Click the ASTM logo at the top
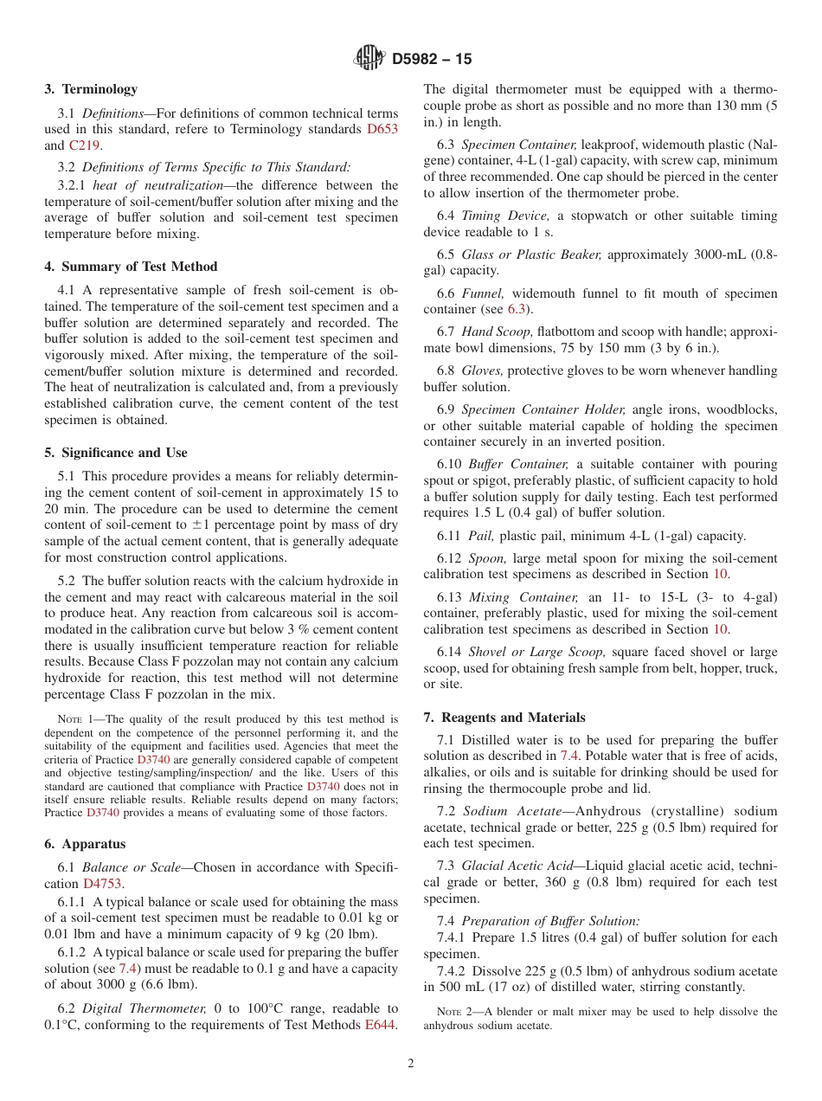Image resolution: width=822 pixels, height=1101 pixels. coord(369,59)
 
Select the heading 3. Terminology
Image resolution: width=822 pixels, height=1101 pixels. coord(91,89)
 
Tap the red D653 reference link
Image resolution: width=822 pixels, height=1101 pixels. coord(382,130)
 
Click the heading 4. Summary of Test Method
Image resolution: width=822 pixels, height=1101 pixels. coord(131,267)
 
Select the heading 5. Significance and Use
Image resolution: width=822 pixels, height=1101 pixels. coord(115,453)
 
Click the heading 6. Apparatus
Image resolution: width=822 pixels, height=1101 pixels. coord(85,844)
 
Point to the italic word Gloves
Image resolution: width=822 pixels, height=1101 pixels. coord(484,370)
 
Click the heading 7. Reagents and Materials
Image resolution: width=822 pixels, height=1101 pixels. coord(504,718)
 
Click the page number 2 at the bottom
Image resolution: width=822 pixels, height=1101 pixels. coord(411,1064)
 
